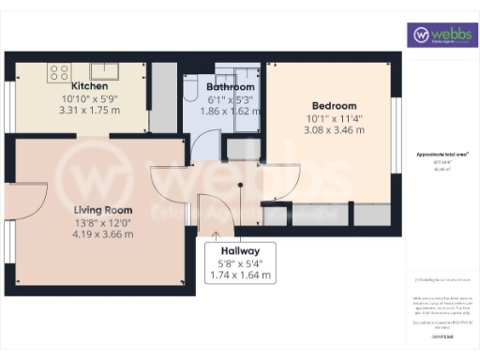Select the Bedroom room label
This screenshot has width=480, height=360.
(x=335, y=105)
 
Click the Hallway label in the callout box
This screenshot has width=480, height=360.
(x=241, y=251)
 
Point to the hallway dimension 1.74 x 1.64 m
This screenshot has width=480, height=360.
(x=241, y=275)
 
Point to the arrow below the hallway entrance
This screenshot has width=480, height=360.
(x=217, y=234)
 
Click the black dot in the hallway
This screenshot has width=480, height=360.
(x=241, y=186)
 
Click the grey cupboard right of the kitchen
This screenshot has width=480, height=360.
(x=163, y=97)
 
